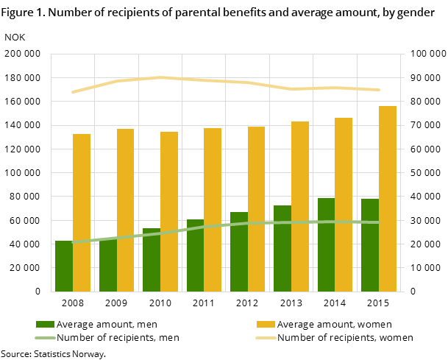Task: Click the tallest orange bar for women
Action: pyautogui.click(x=388, y=199)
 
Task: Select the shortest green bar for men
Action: pyautogui.click(x=64, y=266)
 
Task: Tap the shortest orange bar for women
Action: pyautogui.click(x=82, y=213)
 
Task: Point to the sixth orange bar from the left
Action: pyautogui.click(x=300, y=206)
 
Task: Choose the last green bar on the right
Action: pyautogui.click(x=370, y=245)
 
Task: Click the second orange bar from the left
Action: pyautogui.click(x=125, y=210)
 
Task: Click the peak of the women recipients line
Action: pyautogui.click(x=160, y=77)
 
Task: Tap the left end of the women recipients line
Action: pyautogui.click(x=72, y=92)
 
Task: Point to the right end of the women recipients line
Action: pyautogui.click(x=379, y=90)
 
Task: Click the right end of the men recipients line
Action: pyautogui.click(x=379, y=222)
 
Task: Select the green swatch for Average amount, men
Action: pyautogui.click(x=45, y=325)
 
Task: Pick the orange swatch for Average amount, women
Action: pyautogui.click(x=266, y=325)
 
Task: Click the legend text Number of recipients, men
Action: pyautogui.click(x=118, y=338)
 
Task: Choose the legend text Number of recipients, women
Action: pyautogui.click(x=345, y=338)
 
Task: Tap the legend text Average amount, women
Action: pyautogui.click(x=335, y=325)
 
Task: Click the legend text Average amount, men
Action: pyautogui.click(x=107, y=325)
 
